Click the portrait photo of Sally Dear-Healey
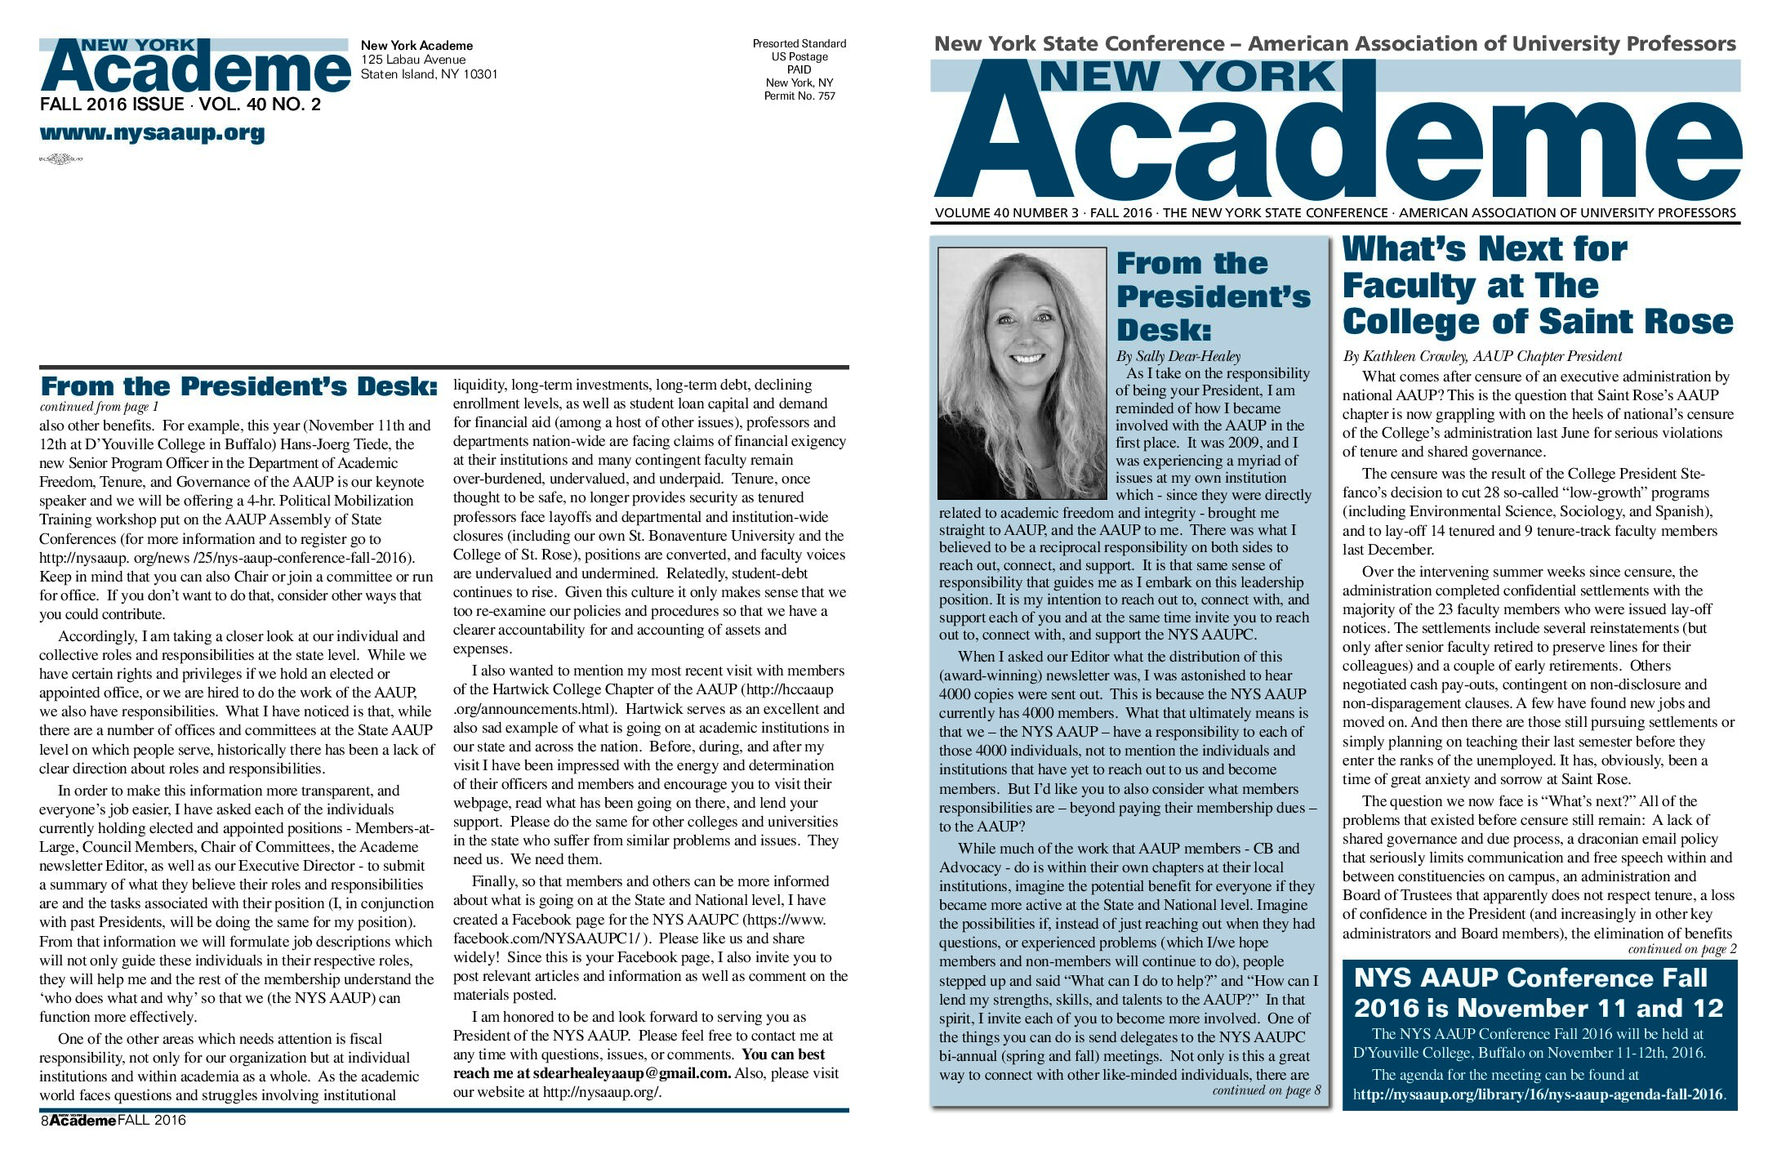(x=1022, y=373)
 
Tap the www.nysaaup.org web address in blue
(x=152, y=133)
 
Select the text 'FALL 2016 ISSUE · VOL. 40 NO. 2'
(x=180, y=105)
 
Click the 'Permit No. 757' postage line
(x=799, y=96)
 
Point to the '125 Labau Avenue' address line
(x=413, y=60)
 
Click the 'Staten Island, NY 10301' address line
(x=429, y=74)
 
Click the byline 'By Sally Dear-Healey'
(x=1178, y=356)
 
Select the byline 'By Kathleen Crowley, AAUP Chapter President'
(x=1481, y=356)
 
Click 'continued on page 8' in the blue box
(x=1265, y=1091)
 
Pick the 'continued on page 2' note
(x=1681, y=949)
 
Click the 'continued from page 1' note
(x=99, y=407)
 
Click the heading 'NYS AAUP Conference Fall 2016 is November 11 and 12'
(x=1538, y=993)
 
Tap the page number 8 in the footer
(x=44, y=1121)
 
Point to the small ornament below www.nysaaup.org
(x=61, y=159)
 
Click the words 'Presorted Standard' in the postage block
(x=799, y=44)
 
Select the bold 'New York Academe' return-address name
(x=416, y=46)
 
